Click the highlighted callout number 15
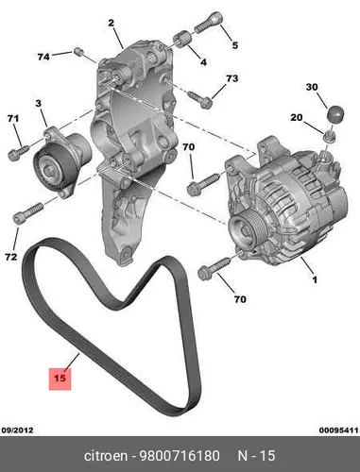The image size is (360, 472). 60,379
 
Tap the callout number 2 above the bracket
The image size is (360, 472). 111,23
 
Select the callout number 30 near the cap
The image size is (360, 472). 312,87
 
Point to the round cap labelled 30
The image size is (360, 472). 334,114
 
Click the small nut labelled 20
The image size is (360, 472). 330,138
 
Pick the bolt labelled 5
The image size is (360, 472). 208,22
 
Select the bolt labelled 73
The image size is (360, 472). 200,99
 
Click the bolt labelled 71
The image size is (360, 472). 19,152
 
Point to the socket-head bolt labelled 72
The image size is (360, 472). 27,213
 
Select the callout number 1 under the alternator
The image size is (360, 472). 315,279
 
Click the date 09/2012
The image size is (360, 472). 18,430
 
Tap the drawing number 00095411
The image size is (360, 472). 338,430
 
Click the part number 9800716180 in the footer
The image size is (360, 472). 180,456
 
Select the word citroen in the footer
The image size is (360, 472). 106,456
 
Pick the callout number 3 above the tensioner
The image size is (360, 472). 38,103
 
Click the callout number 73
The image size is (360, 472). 231,78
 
